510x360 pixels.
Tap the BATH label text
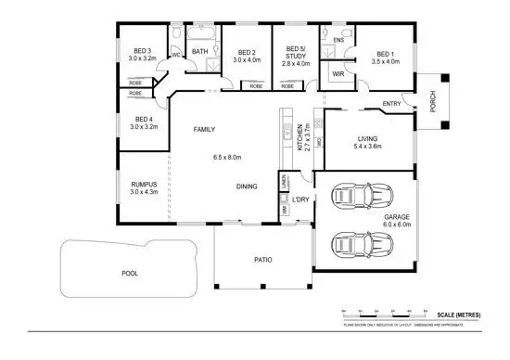click(200, 52)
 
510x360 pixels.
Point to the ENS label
click(338, 40)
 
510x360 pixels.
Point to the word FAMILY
click(204, 130)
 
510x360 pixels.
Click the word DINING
click(247, 186)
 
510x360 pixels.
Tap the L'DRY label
click(300, 199)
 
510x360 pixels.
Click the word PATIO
click(262, 260)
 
